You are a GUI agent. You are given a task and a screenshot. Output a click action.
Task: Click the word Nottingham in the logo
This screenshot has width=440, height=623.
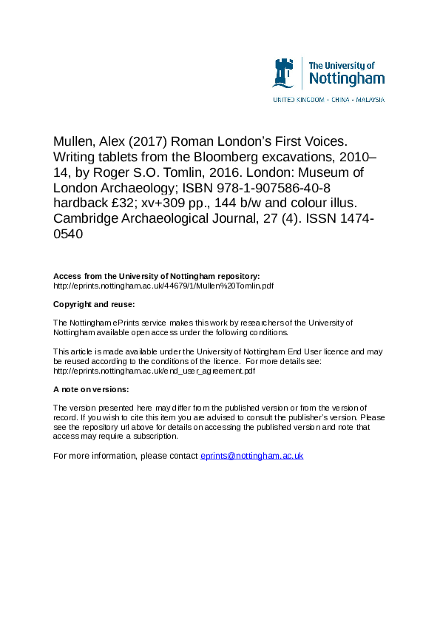[346, 78]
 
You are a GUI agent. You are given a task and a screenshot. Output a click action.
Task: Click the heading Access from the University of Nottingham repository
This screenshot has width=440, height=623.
[156, 276]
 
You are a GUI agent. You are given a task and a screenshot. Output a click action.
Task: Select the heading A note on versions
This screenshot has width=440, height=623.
[91, 389]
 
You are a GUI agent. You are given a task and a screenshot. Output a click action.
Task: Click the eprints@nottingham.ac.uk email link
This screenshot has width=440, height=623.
[252, 456]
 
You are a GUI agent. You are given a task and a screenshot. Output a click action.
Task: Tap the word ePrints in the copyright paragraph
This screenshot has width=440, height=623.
[129, 323]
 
